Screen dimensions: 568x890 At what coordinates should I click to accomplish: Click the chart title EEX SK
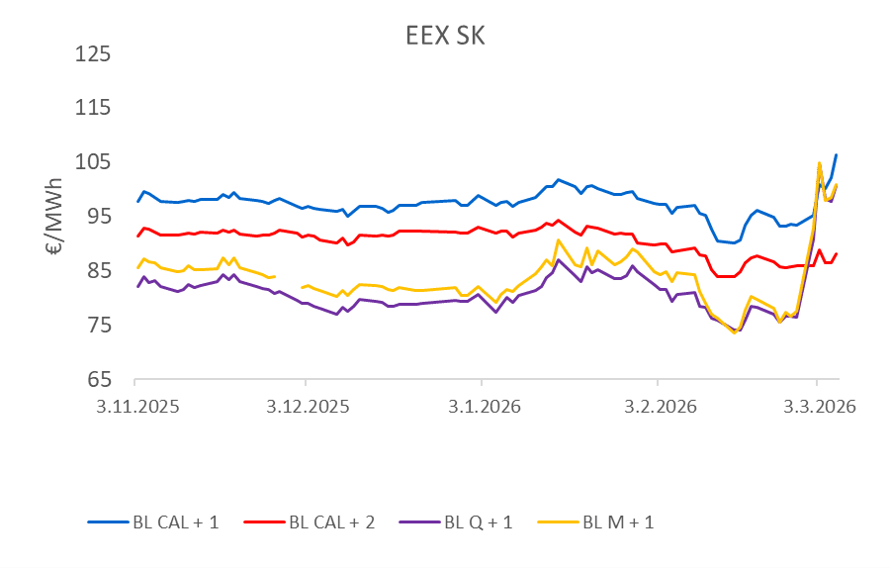[445, 37]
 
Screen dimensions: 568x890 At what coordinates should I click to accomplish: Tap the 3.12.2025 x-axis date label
[307, 407]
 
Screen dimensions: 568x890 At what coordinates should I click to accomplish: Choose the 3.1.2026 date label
[482, 407]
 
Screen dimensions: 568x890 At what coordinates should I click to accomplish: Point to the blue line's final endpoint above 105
[837, 154]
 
